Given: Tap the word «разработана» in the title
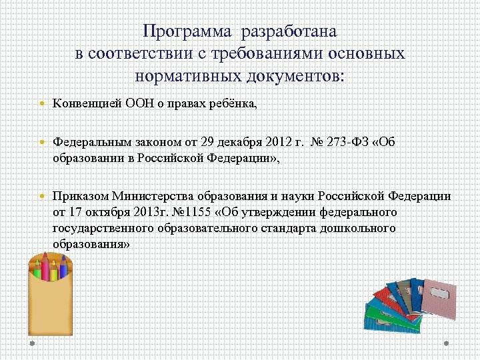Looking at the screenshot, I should (x=290, y=31).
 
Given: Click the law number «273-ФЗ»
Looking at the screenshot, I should (x=347, y=142).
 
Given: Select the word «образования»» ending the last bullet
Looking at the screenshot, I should (x=91, y=244).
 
